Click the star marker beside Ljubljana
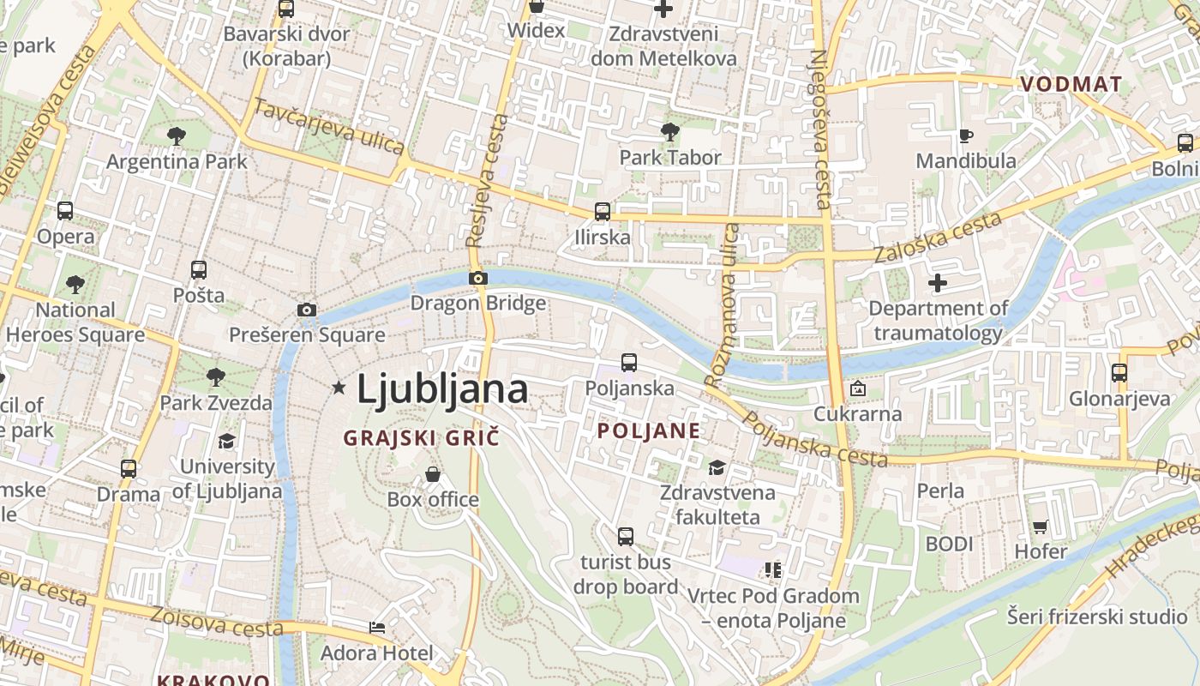(x=339, y=388)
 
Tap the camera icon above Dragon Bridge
(x=478, y=278)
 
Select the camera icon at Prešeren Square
(x=307, y=310)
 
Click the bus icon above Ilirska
(x=603, y=211)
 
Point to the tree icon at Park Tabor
(x=670, y=132)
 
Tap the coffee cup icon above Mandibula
(x=965, y=135)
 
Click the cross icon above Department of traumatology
(x=938, y=282)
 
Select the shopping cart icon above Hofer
(x=1041, y=527)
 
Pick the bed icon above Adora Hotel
(x=376, y=628)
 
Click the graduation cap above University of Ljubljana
(x=226, y=442)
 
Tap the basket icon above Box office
(x=433, y=474)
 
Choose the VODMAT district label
(x=1071, y=84)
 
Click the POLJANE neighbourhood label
(x=648, y=430)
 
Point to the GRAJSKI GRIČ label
(x=421, y=438)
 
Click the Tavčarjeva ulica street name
(x=329, y=126)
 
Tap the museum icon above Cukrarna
(x=857, y=388)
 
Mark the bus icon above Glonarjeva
(x=1119, y=373)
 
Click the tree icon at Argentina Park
(x=177, y=135)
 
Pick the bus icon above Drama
(x=129, y=469)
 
